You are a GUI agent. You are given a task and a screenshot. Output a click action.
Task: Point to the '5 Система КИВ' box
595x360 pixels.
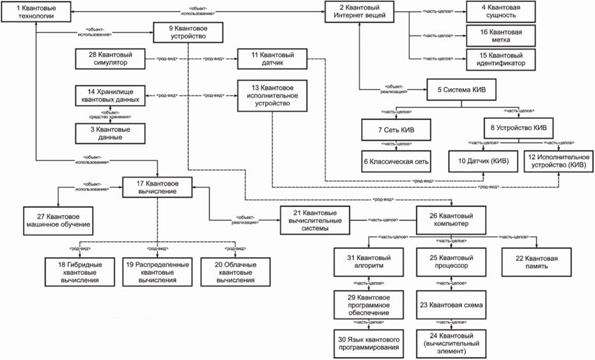tap(461, 90)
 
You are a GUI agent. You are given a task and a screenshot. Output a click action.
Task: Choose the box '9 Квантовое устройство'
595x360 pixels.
tap(187, 33)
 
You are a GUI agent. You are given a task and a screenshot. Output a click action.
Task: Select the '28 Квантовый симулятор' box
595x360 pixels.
tap(109, 59)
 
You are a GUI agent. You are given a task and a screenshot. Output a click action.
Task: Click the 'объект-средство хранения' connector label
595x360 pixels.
tap(111, 116)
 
